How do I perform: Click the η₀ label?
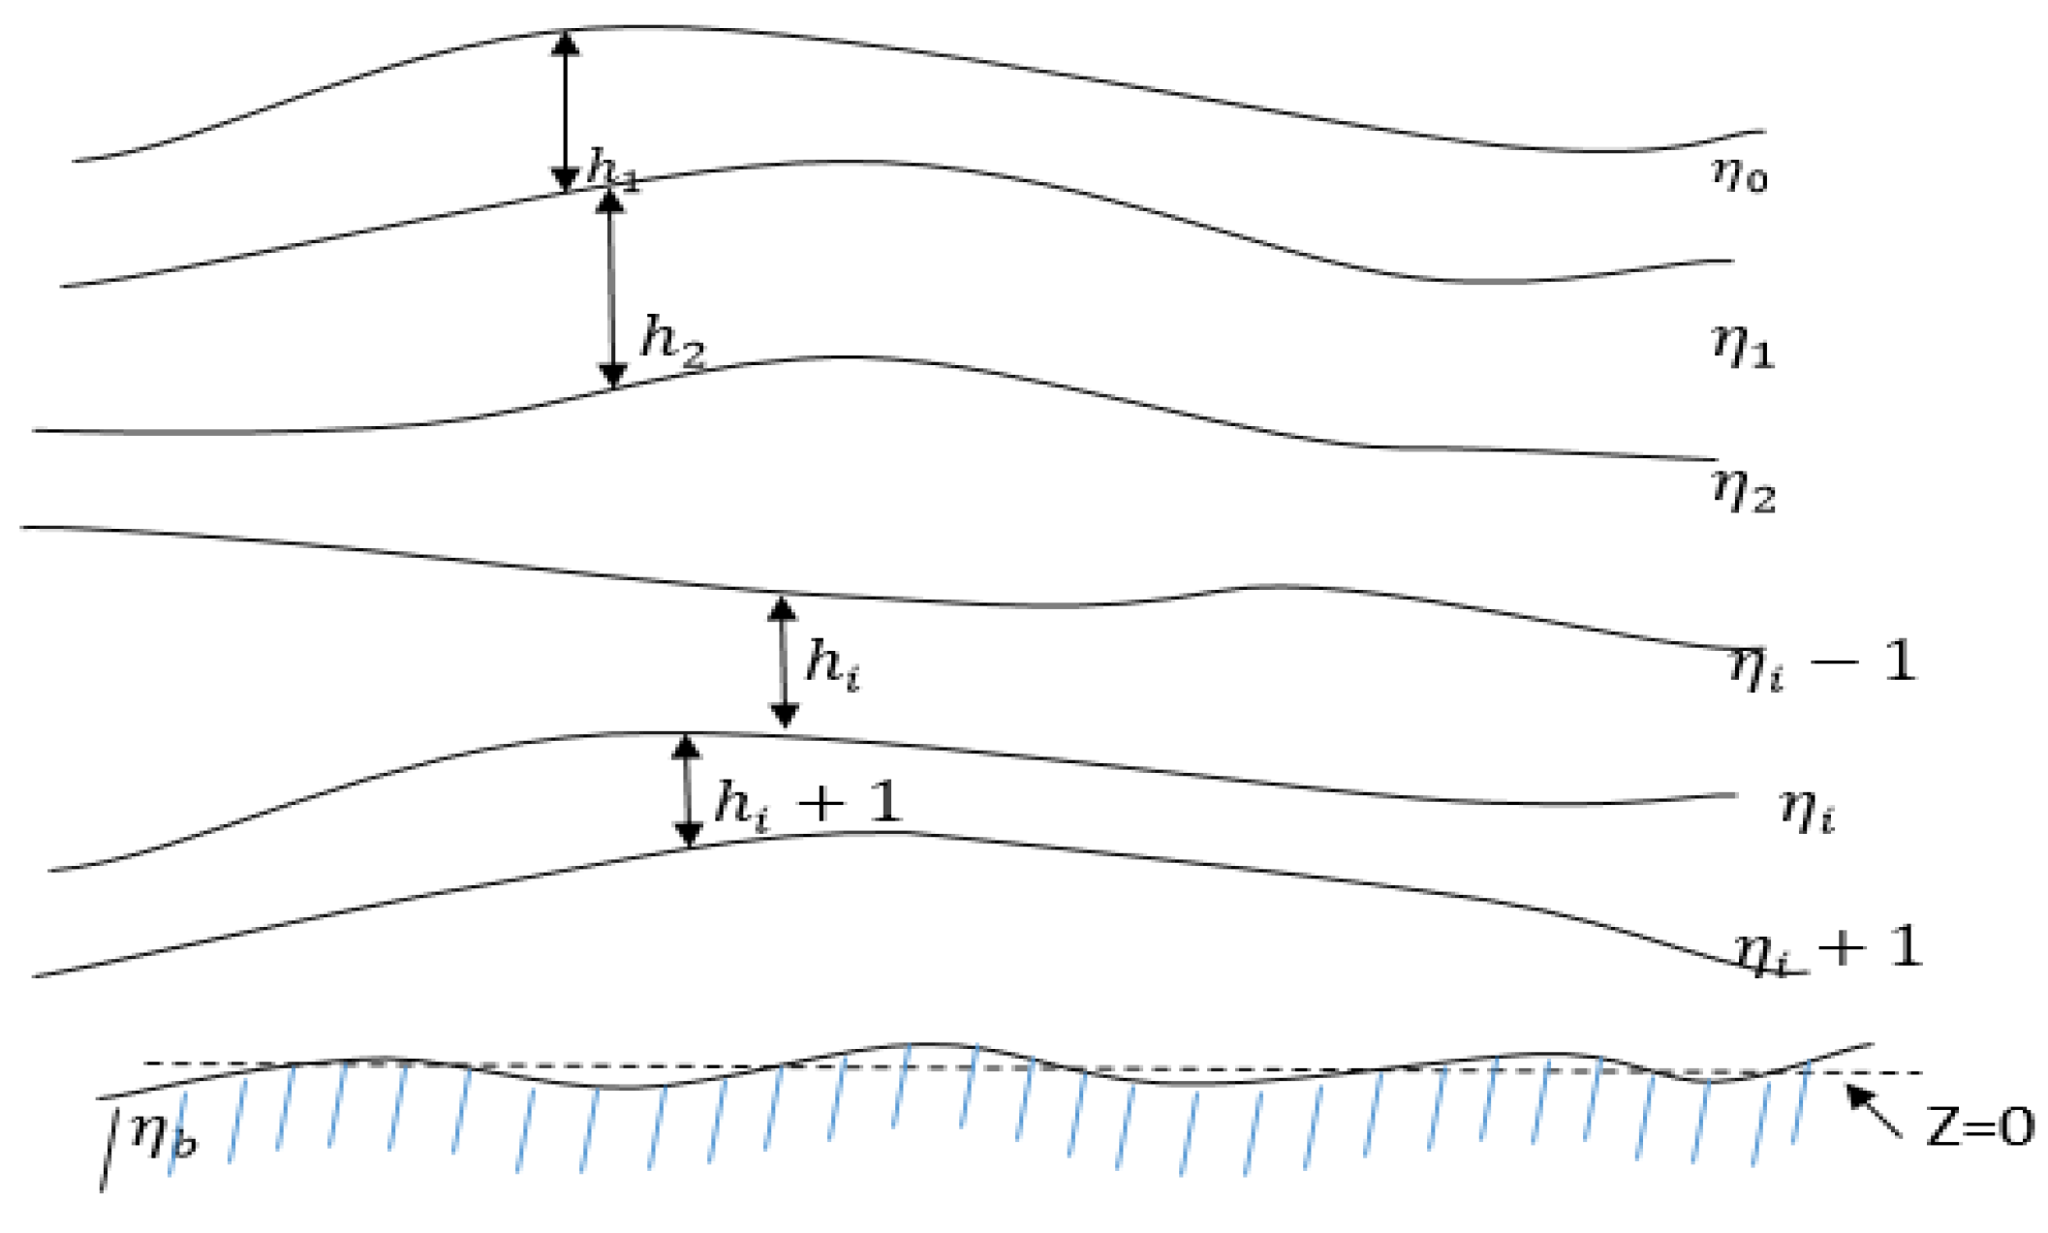[x=1740, y=175]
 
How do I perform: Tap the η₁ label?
[x=1743, y=347]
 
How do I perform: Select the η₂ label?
[x=1743, y=490]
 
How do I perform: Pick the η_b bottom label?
[x=163, y=1135]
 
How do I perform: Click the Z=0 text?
[x=1979, y=1127]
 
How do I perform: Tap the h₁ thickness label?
[x=613, y=169]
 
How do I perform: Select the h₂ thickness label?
[x=672, y=342]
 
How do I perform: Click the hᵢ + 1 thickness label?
[x=807, y=804]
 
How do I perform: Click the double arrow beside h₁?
[x=566, y=110]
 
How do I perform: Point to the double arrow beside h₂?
[x=611, y=289]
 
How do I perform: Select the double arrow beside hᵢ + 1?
[x=687, y=790]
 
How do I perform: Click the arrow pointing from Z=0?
[x=1874, y=1110]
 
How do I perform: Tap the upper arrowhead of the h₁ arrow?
[x=566, y=43]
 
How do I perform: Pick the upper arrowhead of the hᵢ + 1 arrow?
[x=686, y=747]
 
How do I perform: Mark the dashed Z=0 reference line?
[x=1033, y=1067]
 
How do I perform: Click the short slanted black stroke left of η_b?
[x=110, y=1151]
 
